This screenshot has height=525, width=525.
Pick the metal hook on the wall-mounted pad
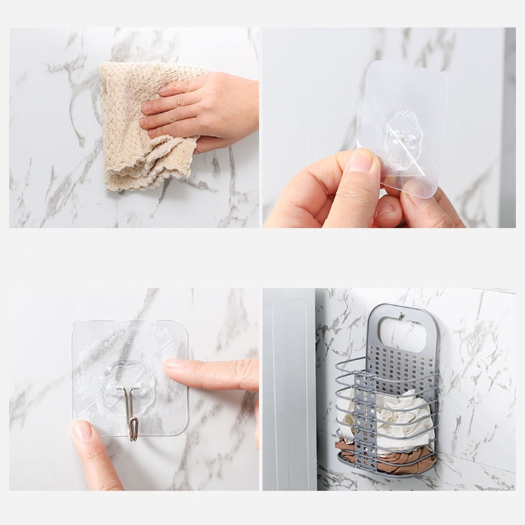pyautogui.click(x=131, y=410)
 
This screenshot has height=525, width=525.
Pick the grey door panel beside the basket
pyautogui.click(x=289, y=394)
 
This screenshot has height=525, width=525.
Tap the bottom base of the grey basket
pyautogui.click(x=387, y=471)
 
